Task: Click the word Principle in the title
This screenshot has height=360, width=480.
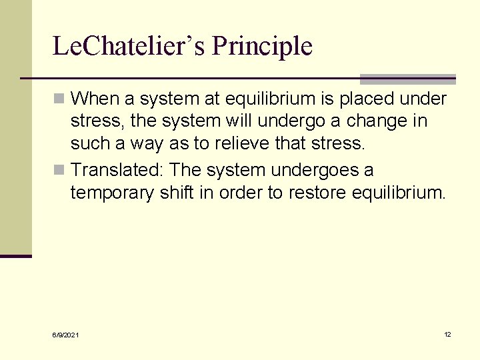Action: coord(262,47)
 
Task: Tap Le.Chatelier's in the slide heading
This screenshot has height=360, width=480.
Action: coord(129,47)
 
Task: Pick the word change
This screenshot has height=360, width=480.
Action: coord(397,122)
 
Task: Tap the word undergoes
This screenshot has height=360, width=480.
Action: coord(309,171)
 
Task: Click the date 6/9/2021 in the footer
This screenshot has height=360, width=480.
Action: coord(65,335)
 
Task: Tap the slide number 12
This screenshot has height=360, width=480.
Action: coord(448,334)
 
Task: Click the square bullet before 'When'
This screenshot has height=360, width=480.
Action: coord(59,99)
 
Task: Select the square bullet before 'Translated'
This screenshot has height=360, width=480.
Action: coord(59,171)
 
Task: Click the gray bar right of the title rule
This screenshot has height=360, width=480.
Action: coord(407,79)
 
